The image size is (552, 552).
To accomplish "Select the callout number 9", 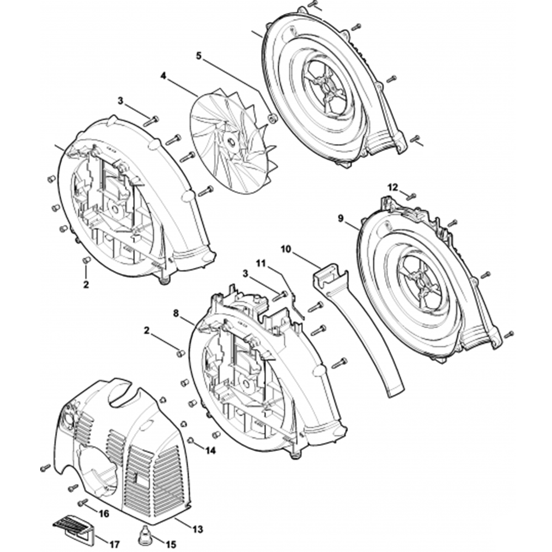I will click(341, 219).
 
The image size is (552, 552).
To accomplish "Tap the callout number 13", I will click(197, 529).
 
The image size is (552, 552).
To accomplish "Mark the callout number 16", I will click(104, 513).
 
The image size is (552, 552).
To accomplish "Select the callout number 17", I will click(114, 545).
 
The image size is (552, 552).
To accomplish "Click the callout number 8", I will click(176, 312).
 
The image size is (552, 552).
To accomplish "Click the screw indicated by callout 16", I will click(83, 501).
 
